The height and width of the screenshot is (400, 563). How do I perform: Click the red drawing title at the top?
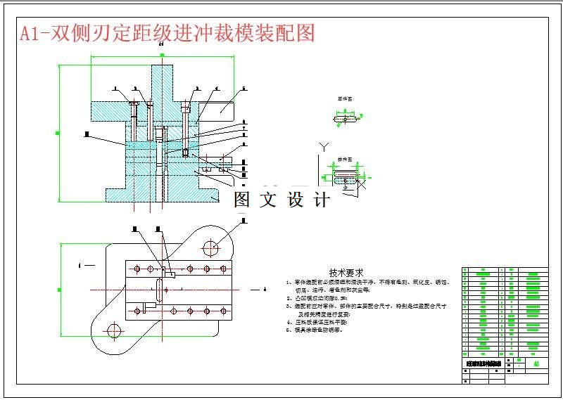coord(167,33)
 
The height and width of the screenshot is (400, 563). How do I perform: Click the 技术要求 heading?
coord(346,272)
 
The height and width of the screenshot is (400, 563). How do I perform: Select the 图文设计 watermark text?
coord(281,200)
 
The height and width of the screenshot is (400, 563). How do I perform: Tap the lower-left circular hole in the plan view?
coord(114,331)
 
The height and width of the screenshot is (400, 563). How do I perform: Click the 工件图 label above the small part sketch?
coord(344,99)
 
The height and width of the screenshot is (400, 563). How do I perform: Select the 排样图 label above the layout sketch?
coord(344,159)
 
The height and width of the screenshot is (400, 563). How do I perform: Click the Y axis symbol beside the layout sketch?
coord(324,147)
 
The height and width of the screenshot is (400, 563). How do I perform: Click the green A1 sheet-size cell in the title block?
coord(536,364)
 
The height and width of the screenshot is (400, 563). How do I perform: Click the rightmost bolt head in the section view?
coord(185,107)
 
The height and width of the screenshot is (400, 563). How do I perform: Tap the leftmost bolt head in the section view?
coord(133,105)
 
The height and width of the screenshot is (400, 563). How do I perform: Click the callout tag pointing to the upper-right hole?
coord(243,220)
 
